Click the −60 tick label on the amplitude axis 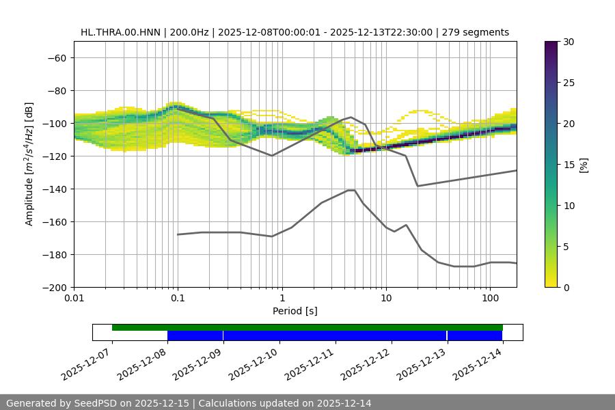click(56, 57)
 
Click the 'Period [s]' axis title click(295, 311)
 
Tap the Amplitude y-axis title click(29, 164)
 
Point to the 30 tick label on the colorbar click(568, 42)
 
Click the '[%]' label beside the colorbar click(584, 164)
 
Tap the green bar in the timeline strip click(307, 327)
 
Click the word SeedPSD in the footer click(96, 403)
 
